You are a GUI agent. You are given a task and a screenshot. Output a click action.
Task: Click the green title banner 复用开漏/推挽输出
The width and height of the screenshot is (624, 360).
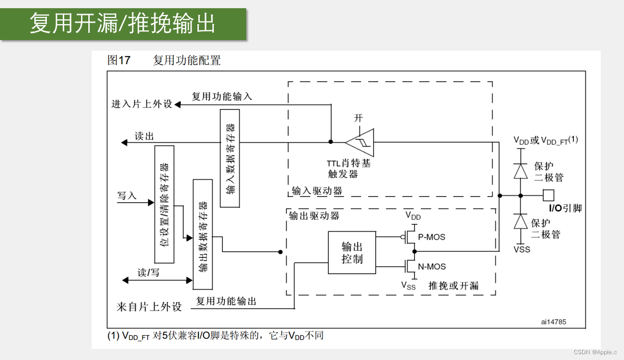pyautogui.click(x=123, y=24)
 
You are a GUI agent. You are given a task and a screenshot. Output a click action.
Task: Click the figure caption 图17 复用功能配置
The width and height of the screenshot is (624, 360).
pyautogui.click(x=164, y=60)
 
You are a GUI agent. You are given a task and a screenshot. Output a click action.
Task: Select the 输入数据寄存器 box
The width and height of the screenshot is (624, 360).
pyautogui.click(x=230, y=158)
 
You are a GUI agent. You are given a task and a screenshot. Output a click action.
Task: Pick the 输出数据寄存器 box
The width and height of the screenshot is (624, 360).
pyautogui.click(x=203, y=234)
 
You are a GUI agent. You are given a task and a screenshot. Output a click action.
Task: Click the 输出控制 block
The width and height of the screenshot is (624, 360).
pyautogui.click(x=352, y=252)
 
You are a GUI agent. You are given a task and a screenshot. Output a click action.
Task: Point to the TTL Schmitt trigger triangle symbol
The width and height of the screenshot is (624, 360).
pyautogui.click(x=360, y=142)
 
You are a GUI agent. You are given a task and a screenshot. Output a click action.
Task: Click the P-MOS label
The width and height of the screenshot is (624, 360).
pyautogui.click(x=431, y=237)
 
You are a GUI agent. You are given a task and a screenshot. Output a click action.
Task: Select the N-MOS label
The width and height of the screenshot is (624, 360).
pyautogui.click(x=432, y=266)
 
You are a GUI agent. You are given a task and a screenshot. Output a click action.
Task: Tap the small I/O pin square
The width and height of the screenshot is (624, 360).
pyautogui.click(x=548, y=195)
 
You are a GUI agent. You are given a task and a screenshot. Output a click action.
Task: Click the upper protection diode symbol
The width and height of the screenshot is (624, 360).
pyautogui.click(x=520, y=171)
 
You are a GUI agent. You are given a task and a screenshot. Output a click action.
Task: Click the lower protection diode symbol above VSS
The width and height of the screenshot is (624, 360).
pyautogui.click(x=520, y=221)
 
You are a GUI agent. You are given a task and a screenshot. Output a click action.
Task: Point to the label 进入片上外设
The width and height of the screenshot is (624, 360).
pyautogui.click(x=142, y=104)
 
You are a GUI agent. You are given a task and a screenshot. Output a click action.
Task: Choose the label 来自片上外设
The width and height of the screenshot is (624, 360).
pyautogui.click(x=149, y=307)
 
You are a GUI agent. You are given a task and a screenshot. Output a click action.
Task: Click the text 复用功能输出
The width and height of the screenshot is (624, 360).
pyautogui.click(x=226, y=302)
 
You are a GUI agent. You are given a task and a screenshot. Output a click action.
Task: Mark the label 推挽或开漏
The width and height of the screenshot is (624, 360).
pyautogui.click(x=454, y=285)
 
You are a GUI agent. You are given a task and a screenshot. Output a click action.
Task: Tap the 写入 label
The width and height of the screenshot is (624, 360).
pyautogui.click(x=127, y=195)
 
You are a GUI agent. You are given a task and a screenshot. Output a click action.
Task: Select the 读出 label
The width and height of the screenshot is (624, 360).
pyautogui.click(x=144, y=137)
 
